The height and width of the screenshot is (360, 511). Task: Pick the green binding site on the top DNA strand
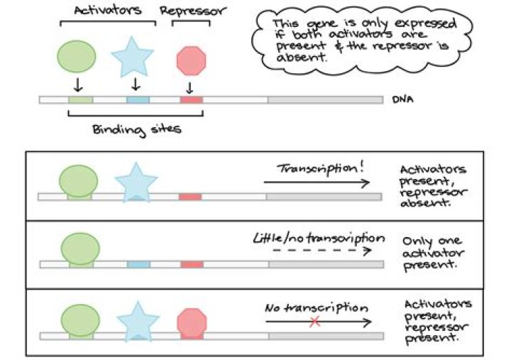(x=79, y=100)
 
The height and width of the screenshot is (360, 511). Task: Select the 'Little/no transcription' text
(x=319, y=238)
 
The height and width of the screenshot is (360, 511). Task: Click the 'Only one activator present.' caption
(x=429, y=252)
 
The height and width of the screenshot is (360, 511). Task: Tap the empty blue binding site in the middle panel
(x=138, y=264)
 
